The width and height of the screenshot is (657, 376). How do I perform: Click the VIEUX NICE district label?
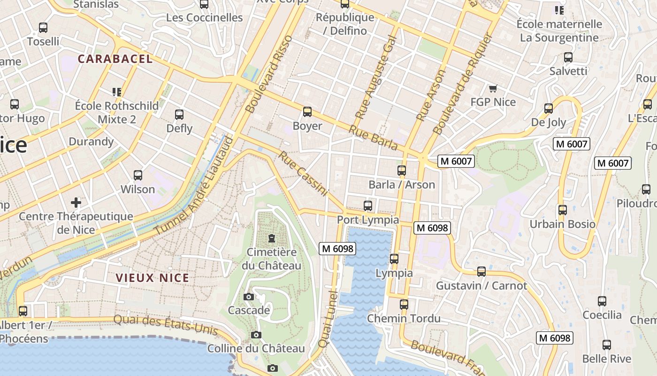tap(153, 278)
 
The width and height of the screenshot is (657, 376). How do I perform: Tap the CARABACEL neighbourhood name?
tap(115, 59)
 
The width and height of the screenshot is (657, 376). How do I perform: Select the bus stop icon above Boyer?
tap(307, 112)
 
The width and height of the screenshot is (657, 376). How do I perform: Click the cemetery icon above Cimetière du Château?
tap(271, 238)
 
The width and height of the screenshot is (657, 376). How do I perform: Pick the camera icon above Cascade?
tap(249, 297)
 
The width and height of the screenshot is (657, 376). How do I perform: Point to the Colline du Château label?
tap(256, 349)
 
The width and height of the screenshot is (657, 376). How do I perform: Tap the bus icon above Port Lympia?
tap(368, 206)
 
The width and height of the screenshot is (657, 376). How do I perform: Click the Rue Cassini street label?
tap(303, 173)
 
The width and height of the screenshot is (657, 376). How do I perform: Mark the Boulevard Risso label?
tap(269, 74)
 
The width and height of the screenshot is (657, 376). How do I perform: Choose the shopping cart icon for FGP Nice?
tap(493, 88)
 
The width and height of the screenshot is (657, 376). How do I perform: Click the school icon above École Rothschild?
tap(116, 92)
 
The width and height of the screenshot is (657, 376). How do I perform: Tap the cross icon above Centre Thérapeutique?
tap(76, 203)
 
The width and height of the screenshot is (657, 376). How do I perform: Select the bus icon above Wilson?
tap(138, 175)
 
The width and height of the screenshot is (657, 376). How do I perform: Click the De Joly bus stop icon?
tap(549, 109)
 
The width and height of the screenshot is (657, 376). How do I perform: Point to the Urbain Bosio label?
tap(562, 224)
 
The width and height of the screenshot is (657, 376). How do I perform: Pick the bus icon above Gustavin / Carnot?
tap(481, 272)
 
